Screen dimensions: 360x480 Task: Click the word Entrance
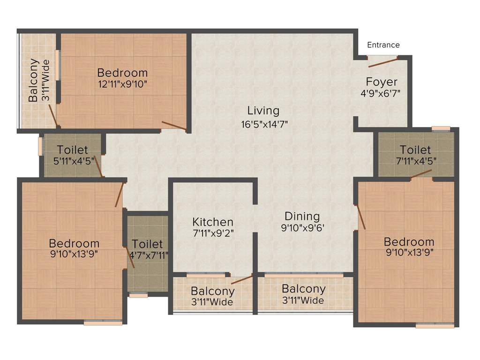coord(383,45)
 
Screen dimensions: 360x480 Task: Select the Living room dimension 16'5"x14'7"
coord(263,125)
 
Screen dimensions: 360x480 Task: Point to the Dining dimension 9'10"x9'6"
coord(302,229)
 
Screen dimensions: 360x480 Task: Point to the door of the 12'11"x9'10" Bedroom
coord(174,125)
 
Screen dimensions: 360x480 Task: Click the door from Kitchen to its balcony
coord(242,280)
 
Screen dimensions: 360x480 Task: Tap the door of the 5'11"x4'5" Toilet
coord(98,166)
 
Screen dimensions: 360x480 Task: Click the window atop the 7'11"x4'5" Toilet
coord(441,128)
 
